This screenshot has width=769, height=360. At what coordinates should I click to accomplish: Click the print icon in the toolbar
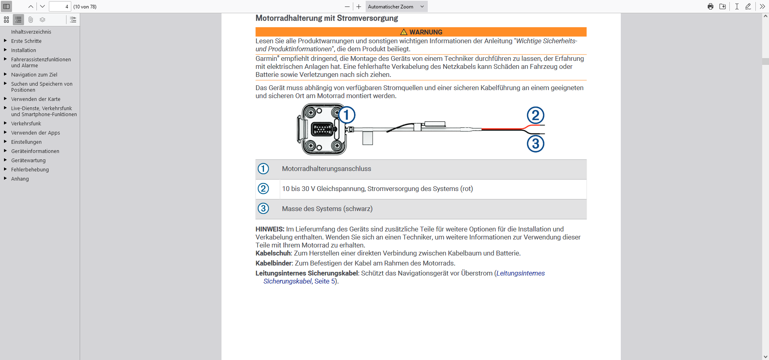click(710, 6)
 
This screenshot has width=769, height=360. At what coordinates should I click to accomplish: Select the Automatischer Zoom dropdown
click(396, 6)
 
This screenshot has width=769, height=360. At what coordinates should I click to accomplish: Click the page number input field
click(60, 6)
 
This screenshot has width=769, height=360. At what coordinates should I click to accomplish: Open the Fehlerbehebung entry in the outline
click(30, 169)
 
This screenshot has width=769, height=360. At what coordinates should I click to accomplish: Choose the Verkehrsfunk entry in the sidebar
click(26, 123)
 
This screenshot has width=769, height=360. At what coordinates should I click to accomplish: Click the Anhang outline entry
click(20, 179)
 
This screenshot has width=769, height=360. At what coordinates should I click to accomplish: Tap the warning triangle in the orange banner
click(404, 32)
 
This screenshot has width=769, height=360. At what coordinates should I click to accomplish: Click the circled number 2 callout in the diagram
click(535, 115)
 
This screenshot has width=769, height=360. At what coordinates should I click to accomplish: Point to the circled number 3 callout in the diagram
click(535, 144)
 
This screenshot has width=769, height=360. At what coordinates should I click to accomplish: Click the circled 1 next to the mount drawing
click(347, 115)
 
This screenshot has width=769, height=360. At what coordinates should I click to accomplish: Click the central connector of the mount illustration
click(322, 129)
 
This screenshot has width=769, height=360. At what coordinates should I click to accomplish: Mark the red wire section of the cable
click(503, 129)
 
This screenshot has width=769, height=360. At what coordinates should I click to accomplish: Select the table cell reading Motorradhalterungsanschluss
click(326, 169)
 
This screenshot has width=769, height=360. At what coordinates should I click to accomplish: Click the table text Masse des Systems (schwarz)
click(327, 209)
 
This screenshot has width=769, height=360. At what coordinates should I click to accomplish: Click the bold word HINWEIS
click(270, 229)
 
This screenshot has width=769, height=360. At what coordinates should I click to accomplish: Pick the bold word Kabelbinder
click(274, 263)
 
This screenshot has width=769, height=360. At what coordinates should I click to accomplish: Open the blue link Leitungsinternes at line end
click(520, 273)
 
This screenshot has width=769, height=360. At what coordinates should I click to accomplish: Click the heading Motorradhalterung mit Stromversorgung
click(326, 18)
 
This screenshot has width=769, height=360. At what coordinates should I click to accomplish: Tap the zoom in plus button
click(359, 6)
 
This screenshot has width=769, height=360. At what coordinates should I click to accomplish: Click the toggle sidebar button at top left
click(6, 6)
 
